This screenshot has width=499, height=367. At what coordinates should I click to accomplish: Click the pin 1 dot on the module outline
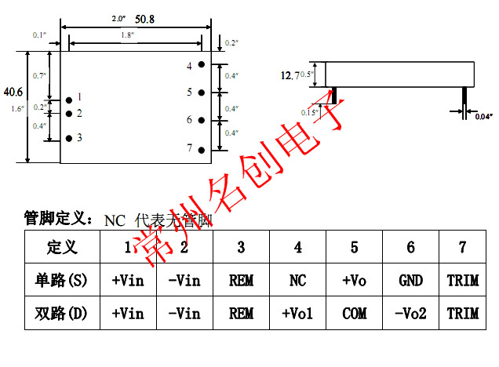(69, 98)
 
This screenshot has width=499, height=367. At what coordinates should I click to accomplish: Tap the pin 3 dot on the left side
(69, 138)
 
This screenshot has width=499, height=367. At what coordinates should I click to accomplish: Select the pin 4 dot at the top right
(202, 65)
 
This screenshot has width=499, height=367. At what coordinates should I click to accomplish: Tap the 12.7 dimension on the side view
(290, 75)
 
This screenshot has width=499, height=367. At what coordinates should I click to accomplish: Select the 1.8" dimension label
(127, 35)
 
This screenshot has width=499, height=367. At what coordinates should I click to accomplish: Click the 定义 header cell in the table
(63, 248)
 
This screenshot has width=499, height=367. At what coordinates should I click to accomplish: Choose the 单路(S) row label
(63, 281)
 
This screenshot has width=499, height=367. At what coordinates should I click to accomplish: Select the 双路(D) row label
(63, 314)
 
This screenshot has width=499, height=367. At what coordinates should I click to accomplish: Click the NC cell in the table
(297, 281)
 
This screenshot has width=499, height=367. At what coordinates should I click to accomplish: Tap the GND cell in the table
(410, 281)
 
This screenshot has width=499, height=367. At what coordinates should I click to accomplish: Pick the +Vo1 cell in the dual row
(297, 314)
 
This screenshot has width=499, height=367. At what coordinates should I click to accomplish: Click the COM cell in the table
(354, 314)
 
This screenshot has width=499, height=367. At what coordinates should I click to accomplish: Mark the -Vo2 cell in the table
(410, 314)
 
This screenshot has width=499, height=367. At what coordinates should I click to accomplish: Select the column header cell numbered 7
(462, 248)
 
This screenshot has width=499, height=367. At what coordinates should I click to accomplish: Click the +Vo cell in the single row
(354, 281)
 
